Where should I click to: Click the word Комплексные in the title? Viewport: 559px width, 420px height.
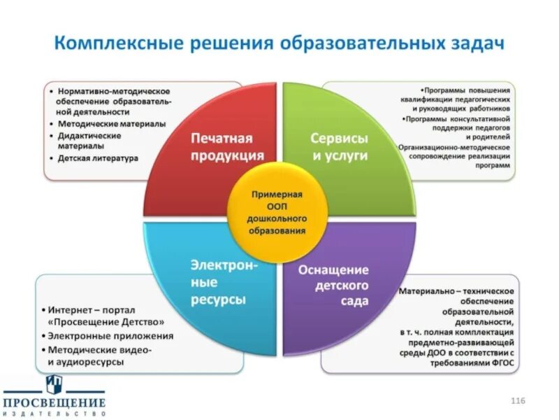pos(118,43)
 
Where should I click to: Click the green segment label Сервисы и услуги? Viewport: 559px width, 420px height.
pos(340,147)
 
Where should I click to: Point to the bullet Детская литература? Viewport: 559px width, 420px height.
pos(98,158)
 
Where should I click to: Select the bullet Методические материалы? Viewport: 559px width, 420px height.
pos(111,124)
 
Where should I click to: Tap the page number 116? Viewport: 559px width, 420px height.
pos(518,400)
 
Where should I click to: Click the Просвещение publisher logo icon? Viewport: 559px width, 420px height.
pos(53,384)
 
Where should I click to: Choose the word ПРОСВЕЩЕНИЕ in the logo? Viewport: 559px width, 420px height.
pos(53,403)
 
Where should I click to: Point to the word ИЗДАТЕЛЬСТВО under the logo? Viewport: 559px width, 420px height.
pos(53,414)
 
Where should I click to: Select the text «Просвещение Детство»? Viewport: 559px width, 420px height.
pos(106,322)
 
